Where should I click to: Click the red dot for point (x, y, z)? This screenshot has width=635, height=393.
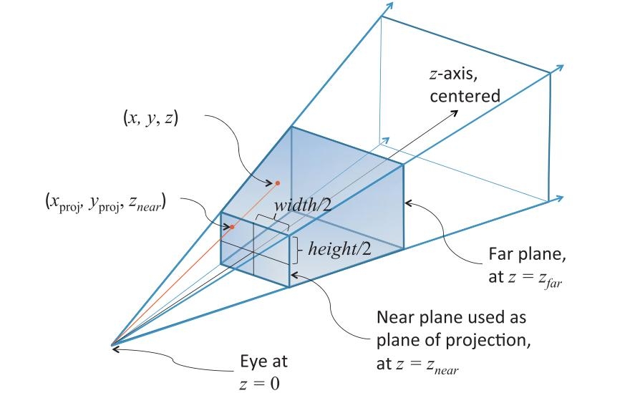pos(277,183)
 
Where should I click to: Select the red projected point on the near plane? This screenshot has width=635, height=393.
pos(232,228)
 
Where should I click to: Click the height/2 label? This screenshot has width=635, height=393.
pos(339,250)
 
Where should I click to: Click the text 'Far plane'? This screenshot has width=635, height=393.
pos(519,254)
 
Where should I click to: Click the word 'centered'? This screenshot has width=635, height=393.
pos(465,96)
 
